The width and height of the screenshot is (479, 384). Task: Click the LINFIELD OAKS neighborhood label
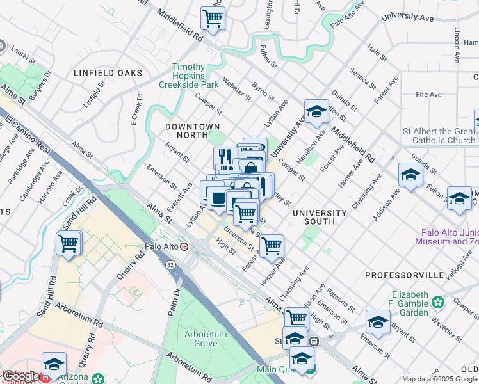pos(108,73)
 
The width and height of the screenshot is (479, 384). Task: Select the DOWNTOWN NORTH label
pos(192,131)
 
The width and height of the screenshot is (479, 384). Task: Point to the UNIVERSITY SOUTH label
pos(320,217)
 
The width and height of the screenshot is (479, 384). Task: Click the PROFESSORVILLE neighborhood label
pos(404,275)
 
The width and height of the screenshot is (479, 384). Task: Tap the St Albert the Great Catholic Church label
pos(439,136)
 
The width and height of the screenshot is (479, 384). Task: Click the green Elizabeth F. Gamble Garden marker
pos(438,301)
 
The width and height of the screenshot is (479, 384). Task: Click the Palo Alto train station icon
pos(185,246)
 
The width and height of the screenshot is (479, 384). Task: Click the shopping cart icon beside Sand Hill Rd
pos(69,243)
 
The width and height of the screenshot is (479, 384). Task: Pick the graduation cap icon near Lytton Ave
pos(316,111)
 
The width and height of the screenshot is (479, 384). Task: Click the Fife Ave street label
pos(428,95)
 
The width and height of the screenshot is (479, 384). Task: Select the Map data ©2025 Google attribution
pos(439,379)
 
